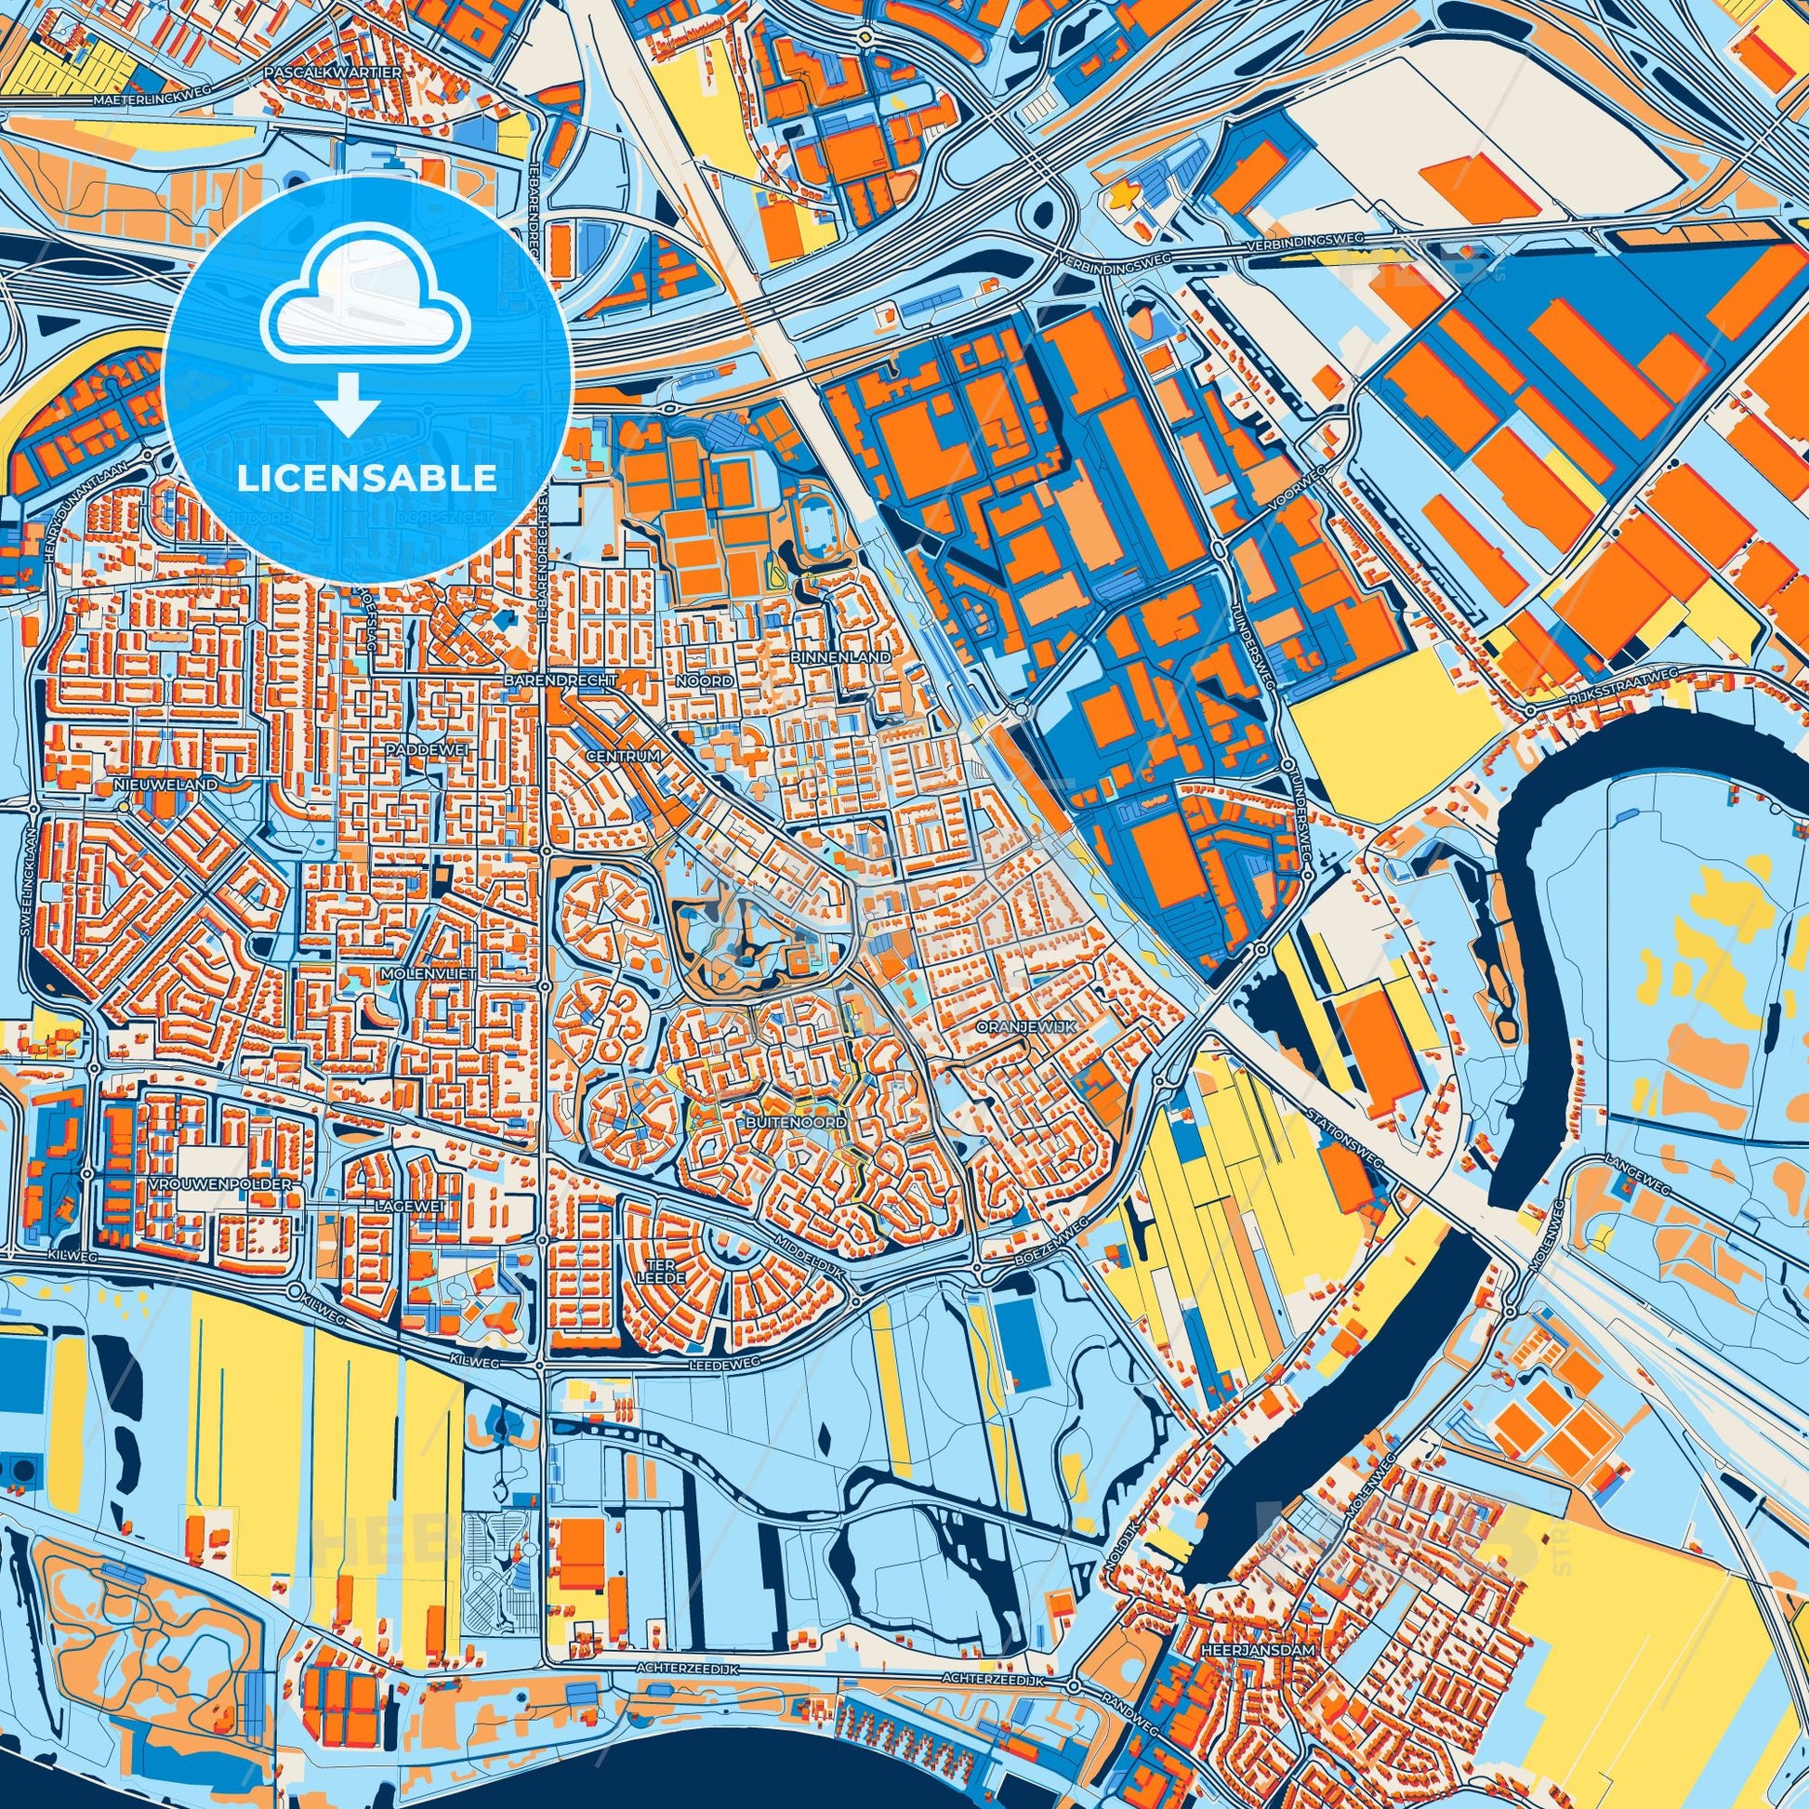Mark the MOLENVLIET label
point(429,974)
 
